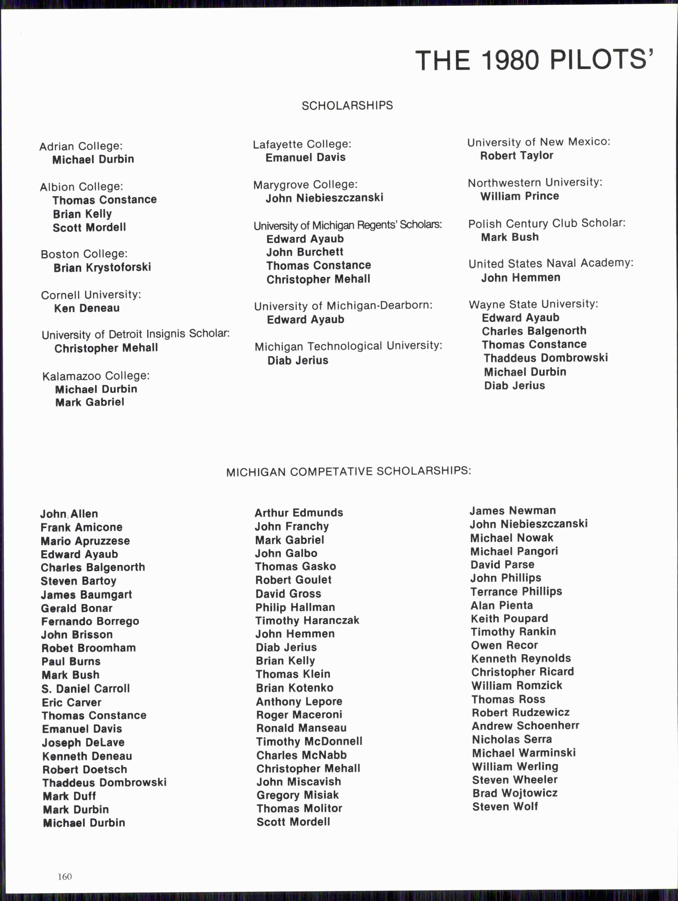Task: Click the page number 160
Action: tap(65, 877)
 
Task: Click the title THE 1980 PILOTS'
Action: tap(534, 61)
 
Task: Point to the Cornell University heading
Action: tap(91, 295)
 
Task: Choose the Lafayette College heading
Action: tap(302, 144)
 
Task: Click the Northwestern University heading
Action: tap(535, 183)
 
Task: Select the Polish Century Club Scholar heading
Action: tap(546, 223)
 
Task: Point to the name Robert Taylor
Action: tap(516, 156)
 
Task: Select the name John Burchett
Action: tap(305, 252)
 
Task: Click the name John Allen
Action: tap(69, 514)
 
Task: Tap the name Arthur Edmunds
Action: tap(298, 513)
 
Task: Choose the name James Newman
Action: tap(512, 511)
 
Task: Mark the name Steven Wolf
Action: tap(505, 806)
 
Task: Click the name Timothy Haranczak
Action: tap(307, 620)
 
